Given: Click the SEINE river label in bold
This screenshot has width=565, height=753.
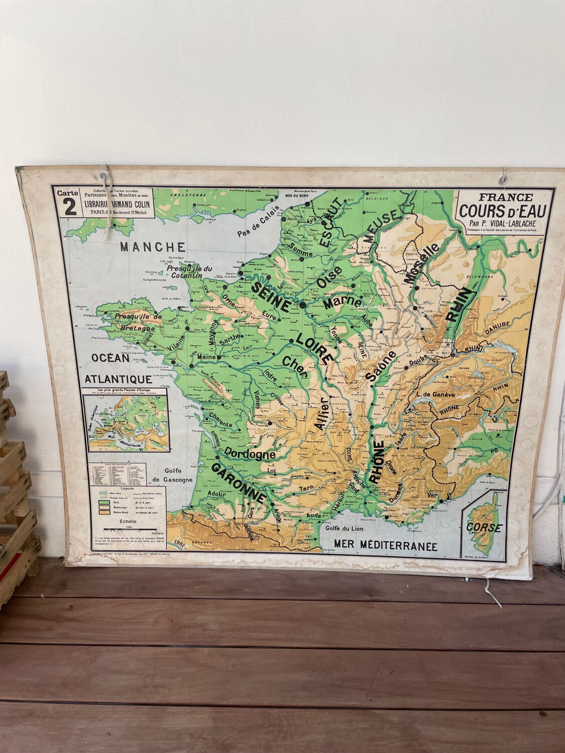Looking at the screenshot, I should pyautogui.click(x=271, y=296).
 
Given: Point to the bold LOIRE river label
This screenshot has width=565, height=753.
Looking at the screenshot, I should pyautogui.click(x=314, y=348).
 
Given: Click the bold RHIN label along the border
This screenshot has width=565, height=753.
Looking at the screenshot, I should pyautogui.click(x=460, y=305).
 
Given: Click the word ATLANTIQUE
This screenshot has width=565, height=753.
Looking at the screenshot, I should pyautogui.click(x=119, y=379).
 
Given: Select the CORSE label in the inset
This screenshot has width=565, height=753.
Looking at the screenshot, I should pyautogui.click(x=484, y=528).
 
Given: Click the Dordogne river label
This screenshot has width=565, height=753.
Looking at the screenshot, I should pyautogui.click(x=250, y=454).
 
